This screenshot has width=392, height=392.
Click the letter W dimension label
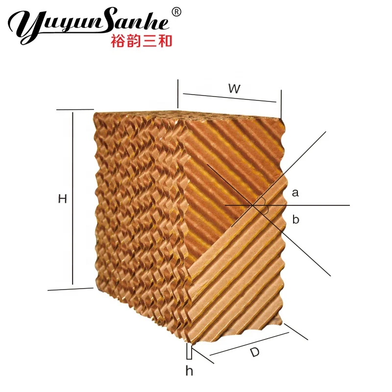[234, 89]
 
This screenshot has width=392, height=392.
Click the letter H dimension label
[62, 198]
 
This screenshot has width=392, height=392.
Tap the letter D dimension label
[254, 352]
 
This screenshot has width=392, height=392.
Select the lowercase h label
[189, 371]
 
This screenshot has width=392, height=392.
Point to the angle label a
[295, 193]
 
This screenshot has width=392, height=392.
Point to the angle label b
[295, 220]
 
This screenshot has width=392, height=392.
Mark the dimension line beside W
[229, 98]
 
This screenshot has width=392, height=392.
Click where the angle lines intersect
[255, 205]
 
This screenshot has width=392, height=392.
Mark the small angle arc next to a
[264, 201]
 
